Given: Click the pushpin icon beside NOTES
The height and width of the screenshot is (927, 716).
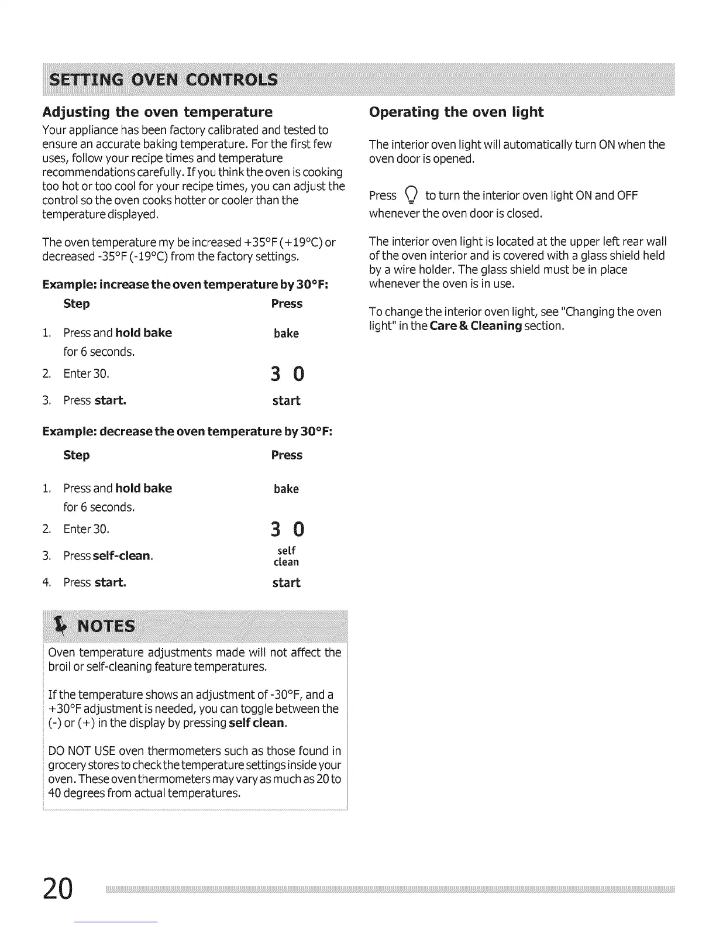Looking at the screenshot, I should [61, 626].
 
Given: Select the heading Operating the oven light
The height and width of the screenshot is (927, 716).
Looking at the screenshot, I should [456, 112].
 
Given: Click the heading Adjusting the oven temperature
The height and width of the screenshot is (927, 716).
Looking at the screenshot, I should [157, 112].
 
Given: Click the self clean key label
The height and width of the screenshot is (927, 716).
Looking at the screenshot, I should [286, 556].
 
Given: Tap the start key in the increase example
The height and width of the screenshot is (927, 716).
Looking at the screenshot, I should [286, 401].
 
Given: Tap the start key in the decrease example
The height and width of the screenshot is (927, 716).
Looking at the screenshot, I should [286, 583].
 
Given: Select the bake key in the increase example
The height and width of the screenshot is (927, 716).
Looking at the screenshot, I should [286, 334].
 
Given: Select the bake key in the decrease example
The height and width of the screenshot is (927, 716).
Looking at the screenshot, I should [286, 489].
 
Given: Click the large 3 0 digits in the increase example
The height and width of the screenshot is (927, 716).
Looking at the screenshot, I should [287, 373].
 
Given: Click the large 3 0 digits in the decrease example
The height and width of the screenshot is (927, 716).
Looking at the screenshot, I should [287, 529].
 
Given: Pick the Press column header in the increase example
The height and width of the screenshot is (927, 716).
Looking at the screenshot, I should [287, 304].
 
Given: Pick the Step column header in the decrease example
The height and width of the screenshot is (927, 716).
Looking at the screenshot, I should [77, 455].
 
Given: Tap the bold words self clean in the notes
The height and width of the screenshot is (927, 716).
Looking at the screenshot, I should [257, 723].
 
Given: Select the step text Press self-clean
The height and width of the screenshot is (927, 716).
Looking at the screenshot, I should [108, 556].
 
